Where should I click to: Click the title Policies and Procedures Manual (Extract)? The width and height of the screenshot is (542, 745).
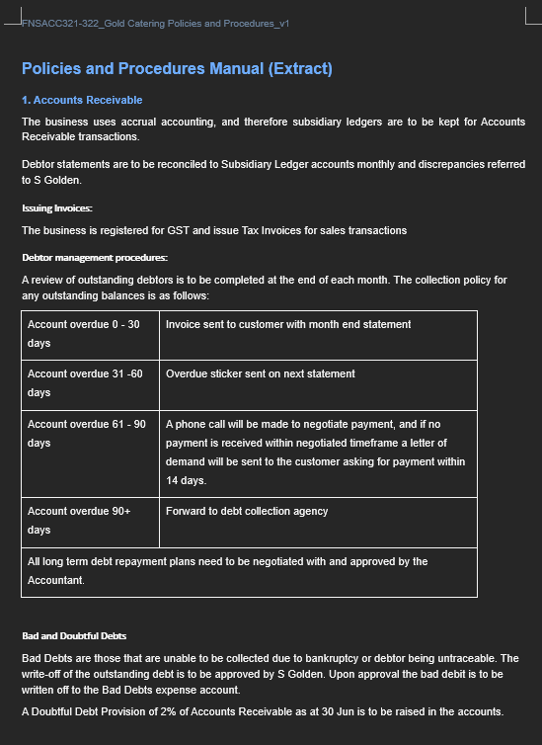pos(177,68)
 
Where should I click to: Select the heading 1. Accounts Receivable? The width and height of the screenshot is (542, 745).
pos(82,100)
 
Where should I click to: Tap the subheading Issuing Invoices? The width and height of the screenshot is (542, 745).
pos(57,208)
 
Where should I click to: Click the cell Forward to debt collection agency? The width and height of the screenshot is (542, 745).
pos(247,511)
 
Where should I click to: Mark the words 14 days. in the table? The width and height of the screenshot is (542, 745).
pos(186,480)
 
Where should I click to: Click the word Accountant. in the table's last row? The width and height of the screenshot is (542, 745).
pos(56,580)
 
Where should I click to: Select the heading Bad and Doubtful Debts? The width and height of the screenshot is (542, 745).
pos(74,635)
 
